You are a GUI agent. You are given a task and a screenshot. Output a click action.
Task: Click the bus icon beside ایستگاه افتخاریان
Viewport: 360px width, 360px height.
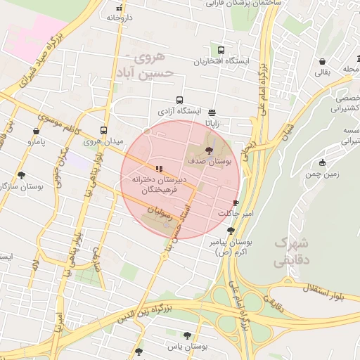221,51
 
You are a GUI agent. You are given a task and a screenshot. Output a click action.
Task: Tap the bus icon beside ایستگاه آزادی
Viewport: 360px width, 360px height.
180,101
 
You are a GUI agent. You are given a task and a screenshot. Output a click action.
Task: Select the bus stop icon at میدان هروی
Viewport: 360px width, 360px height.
103,130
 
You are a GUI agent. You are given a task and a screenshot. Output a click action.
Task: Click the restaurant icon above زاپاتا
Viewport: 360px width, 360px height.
212,112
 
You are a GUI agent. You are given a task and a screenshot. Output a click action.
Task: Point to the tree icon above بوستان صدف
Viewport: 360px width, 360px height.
208,150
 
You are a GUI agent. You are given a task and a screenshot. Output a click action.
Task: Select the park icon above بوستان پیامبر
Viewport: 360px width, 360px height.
231,230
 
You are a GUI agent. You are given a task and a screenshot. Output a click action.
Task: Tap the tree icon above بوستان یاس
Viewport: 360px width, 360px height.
186,335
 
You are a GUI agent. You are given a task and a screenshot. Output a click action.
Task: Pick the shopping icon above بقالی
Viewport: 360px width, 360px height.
322,61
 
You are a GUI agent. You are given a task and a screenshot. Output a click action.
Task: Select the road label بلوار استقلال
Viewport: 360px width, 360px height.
330,284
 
